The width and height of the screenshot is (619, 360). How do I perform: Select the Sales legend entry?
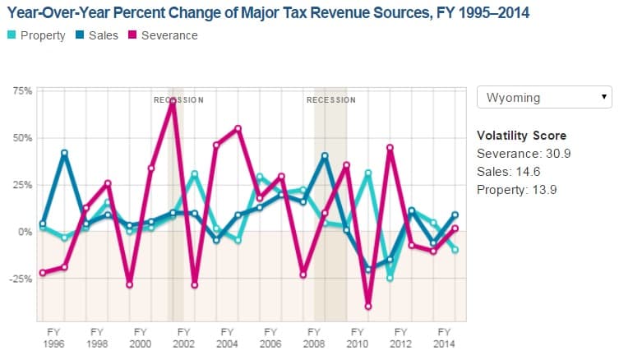97,35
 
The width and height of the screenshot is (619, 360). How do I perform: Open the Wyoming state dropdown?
544,97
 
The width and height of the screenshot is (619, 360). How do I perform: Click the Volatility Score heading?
521,136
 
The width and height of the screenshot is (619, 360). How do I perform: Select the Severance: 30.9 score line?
520,154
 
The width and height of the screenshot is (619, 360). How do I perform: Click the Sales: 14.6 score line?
510,171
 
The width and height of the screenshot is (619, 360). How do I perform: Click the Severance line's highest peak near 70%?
173,100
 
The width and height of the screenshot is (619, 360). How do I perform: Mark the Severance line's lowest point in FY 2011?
368,306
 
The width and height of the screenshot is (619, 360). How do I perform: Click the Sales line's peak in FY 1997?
64,153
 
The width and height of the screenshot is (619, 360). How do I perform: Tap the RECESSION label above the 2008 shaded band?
330,100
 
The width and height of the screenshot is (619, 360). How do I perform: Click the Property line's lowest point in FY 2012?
390,279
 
